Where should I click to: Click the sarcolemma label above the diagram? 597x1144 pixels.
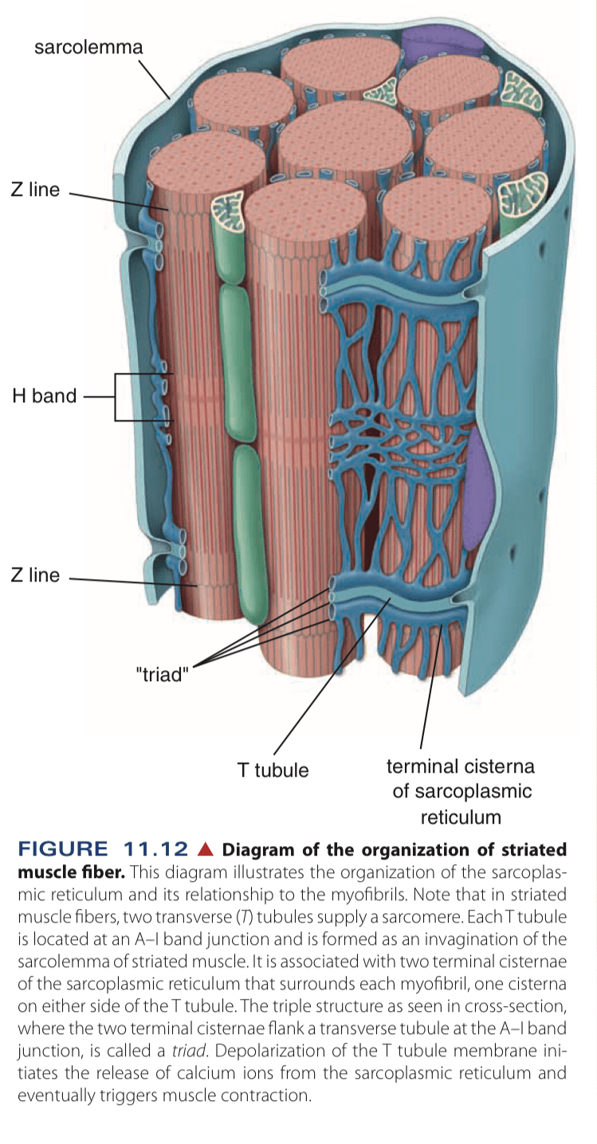click(x=88, y=47)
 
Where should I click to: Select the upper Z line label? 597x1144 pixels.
click(x=35, y=190)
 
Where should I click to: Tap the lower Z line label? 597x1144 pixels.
click(x=35, y=575)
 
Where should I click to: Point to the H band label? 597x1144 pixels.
click(x=44, y=395)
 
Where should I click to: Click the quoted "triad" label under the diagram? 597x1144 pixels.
click(x=162, y=676)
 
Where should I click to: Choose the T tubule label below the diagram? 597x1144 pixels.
click(x=273, y=770)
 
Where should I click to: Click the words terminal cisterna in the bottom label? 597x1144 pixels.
click(x=460, y=766)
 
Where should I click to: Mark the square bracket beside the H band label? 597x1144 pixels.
click(x=117, y=396)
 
